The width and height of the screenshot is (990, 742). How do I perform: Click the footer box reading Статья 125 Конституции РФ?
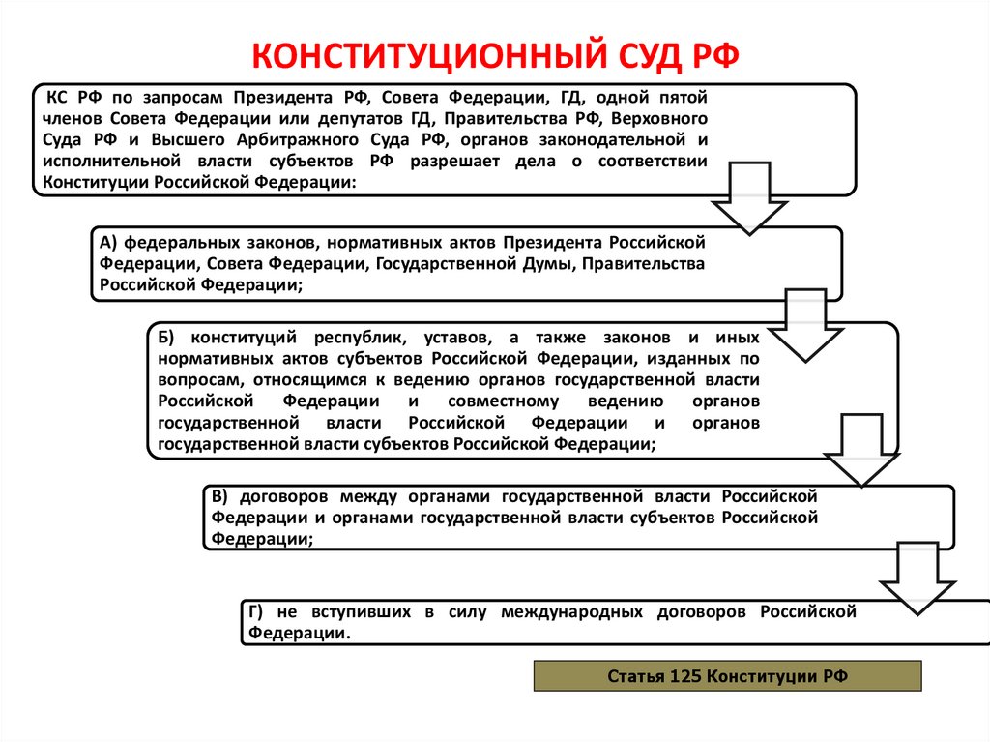pyautogui.click(x=727, y=675)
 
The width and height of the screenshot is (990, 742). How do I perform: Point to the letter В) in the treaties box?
pyautogui.click(x=219, y=496)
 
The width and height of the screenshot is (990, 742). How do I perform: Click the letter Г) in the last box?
pyautogui.click(x=256, y=612)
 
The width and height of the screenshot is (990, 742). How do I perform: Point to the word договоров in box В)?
pyautogui.click(x=280, y=496)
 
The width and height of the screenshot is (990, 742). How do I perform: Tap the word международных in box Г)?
pyautogui.click(x=578, y=612)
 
